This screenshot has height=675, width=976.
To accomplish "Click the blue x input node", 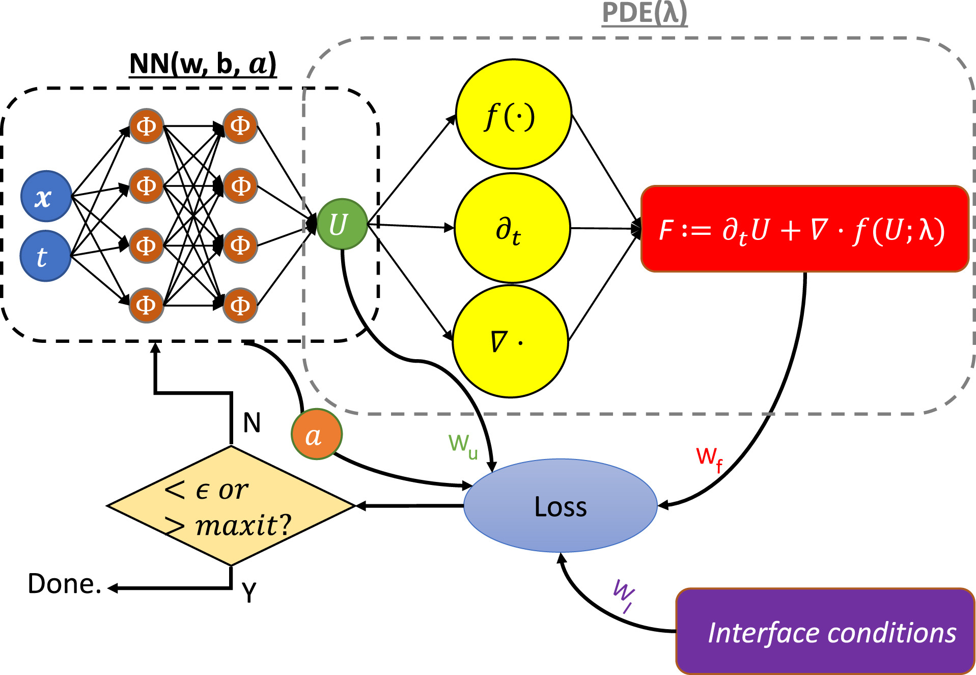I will [x=46, y=196].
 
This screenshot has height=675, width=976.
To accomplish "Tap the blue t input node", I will [x=45, y=256].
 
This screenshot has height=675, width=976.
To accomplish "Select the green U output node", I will [x=342, y=224].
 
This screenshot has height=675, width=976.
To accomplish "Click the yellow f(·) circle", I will [x=513, y=114].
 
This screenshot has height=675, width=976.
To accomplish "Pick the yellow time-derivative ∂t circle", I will [x=512, y=228].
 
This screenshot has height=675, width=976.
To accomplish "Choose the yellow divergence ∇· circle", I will [x=510, y=341].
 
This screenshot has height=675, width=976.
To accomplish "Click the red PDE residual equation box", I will [x=804, y=229].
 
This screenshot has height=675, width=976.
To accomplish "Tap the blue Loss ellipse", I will [x=560, y=506].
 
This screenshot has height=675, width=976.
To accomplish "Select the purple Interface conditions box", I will [x=825, y=631].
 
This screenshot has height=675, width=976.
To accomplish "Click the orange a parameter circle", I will [x=316, y=435].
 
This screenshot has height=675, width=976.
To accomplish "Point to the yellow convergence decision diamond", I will [x=231, y=506].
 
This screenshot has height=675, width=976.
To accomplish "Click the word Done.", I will [x=64, y=584].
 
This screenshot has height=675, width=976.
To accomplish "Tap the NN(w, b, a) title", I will [x=203, y=64].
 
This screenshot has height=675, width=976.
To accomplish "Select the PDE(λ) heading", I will [x=644, y=13].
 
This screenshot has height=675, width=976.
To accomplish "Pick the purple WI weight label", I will [x=623, y=595].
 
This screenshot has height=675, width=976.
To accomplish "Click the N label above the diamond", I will [x=252, y=423].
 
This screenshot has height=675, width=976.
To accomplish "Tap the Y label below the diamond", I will [x=249, y=592].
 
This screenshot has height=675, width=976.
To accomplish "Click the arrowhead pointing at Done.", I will [x=113, y=588].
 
